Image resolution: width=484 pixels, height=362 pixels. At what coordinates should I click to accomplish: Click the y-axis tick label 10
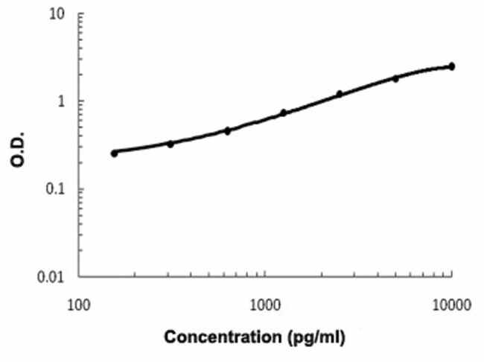55,14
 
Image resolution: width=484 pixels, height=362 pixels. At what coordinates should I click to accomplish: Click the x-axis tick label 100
79,304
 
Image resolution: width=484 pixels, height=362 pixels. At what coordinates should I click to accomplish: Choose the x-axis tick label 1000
265,304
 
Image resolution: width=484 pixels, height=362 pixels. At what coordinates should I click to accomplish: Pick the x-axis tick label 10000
450,304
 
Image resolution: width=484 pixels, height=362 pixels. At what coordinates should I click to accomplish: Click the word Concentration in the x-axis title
220,337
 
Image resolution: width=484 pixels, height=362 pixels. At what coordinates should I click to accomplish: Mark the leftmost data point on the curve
115,153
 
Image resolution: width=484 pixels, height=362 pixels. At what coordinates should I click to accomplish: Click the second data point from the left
171,143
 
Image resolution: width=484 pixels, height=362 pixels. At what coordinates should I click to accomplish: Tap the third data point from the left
228,130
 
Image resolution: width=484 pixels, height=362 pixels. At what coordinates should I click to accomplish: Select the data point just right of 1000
284,112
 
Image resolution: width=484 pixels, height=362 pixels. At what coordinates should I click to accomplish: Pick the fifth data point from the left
340,94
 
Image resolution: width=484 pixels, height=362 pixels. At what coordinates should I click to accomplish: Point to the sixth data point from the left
396,78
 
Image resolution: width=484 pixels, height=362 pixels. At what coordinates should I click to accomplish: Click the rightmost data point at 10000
452,66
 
